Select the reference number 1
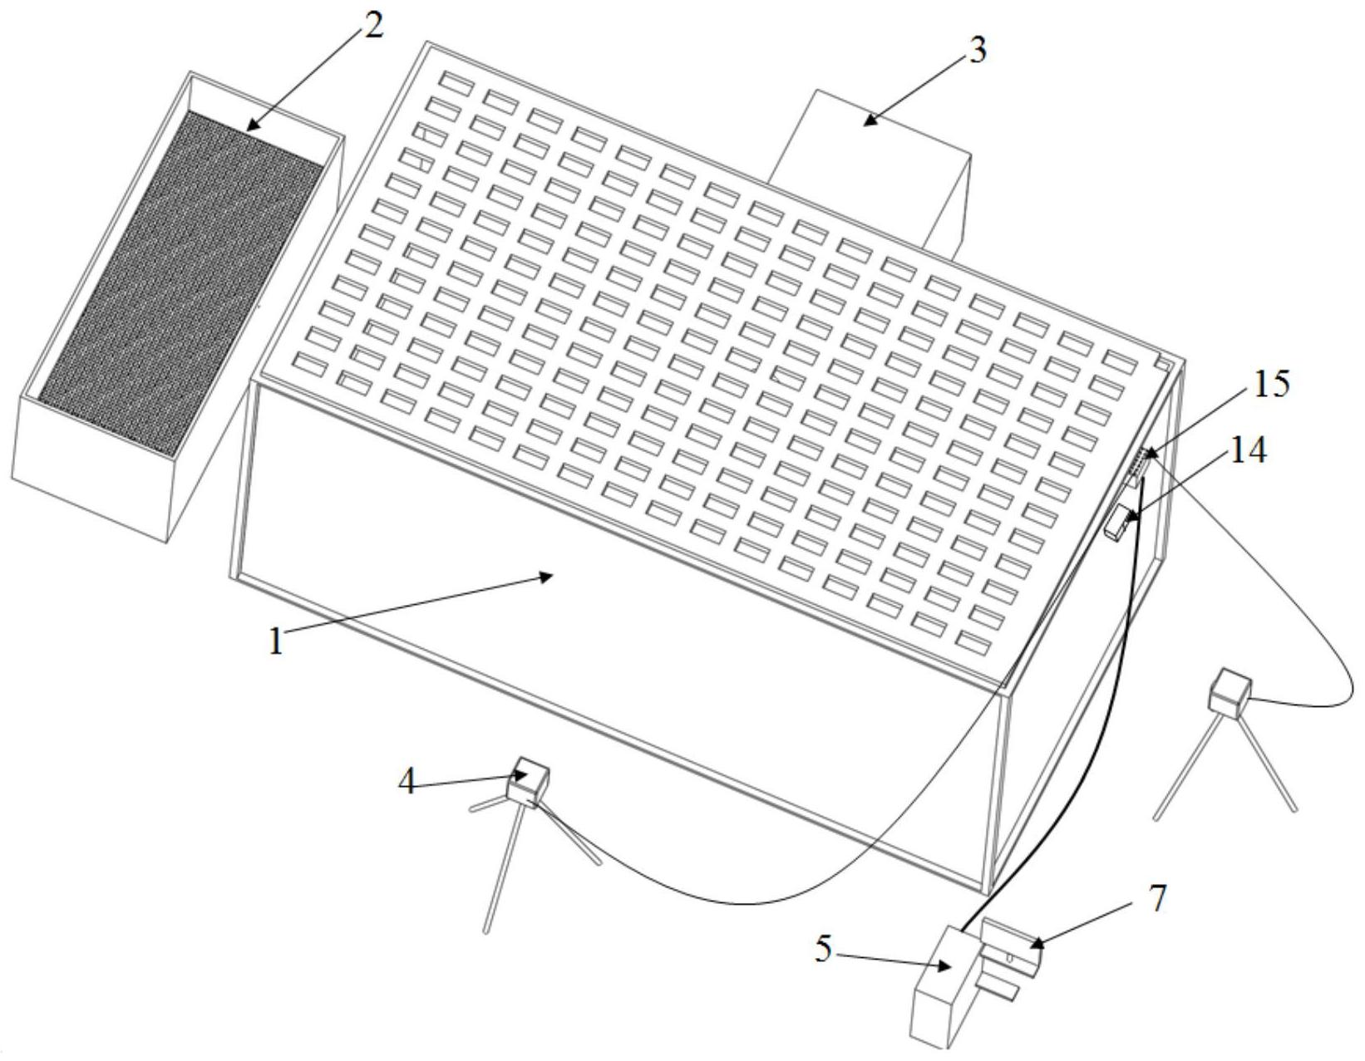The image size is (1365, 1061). pyautogui.click(x=275, y=641)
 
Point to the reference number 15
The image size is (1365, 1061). pyautogui.click(x=1271, y=384)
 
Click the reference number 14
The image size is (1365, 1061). pyautogui.click(x=1248, y=450)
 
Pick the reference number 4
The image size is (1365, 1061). pyautogui.click(x=408, y=783)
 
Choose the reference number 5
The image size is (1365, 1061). pyautogui.click(x=824, y=949)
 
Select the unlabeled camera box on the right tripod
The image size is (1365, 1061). pyautogui.click(x=1230, y=695)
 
